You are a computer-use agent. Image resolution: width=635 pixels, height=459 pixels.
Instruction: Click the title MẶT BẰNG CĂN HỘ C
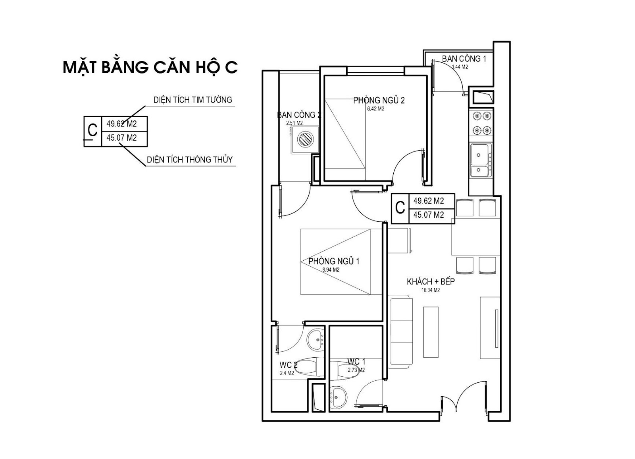[x=150, y=67]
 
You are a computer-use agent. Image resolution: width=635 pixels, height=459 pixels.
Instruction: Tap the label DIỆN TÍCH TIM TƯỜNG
[x=193, y=100]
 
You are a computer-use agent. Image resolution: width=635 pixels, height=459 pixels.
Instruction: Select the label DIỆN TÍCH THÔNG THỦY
[x=190, y=159]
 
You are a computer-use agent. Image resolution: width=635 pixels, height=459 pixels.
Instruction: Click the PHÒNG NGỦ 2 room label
[x=379, y=100]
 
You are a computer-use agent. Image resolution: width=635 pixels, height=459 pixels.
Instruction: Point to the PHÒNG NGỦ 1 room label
[x=334, y=261]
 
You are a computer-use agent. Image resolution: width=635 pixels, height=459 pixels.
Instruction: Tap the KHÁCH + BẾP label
[x=431, y=282]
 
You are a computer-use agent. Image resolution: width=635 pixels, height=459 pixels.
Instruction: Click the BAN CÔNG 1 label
[x=464, y=59]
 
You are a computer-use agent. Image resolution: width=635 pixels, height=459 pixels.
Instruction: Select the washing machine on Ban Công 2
[x=305, y=139]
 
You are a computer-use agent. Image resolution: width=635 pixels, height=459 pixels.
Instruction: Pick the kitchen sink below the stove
[x=481, y=161]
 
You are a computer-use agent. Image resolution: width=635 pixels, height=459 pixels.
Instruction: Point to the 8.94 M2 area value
[x=331, y=270]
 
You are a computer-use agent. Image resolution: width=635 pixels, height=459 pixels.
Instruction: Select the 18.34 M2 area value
[x=431, y=290]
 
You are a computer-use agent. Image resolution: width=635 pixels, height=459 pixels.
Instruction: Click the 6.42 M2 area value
[x=375, y=109]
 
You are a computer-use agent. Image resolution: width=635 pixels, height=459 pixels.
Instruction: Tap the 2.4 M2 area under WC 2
[x=287, y=373]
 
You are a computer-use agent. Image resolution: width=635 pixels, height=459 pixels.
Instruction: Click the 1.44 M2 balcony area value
[x=460, y=67]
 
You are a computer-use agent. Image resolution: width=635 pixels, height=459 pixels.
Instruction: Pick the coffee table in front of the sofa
[x=431, y=332]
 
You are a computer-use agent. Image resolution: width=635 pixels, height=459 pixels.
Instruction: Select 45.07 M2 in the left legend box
[x=121, y=138]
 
